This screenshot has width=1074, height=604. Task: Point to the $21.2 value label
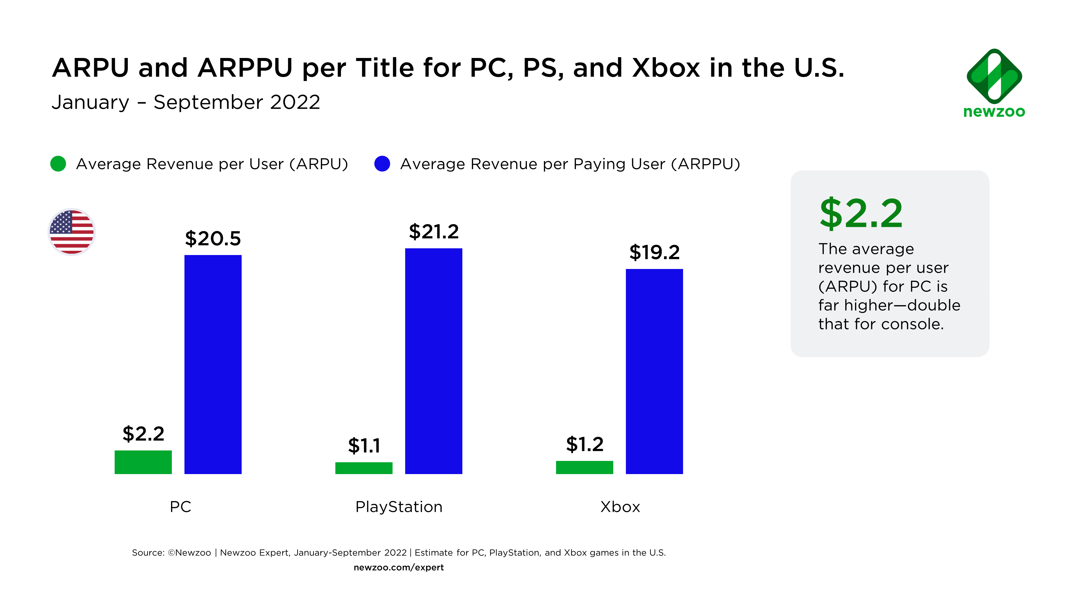click(434, 231)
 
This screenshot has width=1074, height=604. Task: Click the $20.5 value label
click(213, 238)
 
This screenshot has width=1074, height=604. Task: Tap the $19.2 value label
click(654, 252)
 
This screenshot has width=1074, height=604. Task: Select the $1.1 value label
click(364, 446)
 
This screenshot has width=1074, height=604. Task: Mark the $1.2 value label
click(585, 444)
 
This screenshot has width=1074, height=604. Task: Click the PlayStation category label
click(398, 507)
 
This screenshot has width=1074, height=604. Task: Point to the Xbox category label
click(620, 507)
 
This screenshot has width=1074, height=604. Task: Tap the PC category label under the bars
click(180, 507)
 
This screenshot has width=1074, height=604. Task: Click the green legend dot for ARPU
click(58, 164)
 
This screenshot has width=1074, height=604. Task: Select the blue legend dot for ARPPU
click(382, 164)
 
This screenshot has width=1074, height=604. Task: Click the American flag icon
click(72, 232)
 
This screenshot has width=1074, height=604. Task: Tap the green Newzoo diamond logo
click(994, 76)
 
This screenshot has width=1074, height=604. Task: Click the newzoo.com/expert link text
click(398, 567)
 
